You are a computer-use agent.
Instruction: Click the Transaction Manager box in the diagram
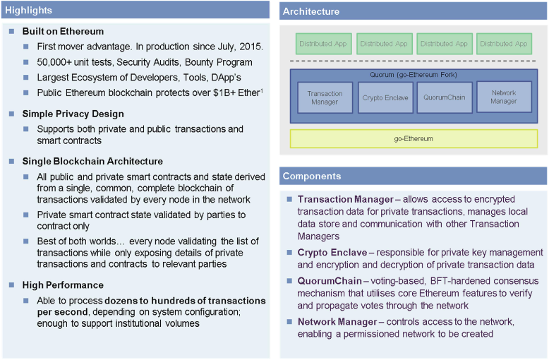tap(325, 97)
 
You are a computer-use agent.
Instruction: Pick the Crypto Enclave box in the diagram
tap(385, 97)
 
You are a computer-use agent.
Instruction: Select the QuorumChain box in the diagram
tap(445, 97)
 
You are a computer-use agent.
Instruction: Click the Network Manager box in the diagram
tap(503, 97)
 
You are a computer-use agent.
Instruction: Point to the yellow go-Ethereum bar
tap(414, 139)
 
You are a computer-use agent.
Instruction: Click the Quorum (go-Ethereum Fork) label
tap(414, 75)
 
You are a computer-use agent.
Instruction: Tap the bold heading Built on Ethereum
tap(63, 32)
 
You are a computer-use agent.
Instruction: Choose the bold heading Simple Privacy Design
tap(73, 114)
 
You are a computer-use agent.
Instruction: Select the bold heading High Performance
tap(63, 285)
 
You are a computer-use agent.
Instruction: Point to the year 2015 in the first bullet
tap(251, 47)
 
